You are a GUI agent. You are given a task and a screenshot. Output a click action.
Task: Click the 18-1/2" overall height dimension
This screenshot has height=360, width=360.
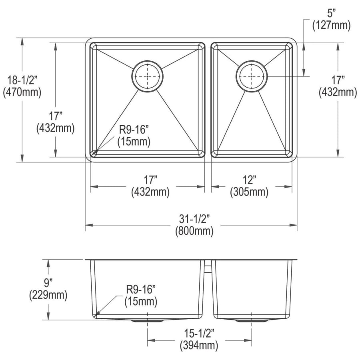pos(22,80)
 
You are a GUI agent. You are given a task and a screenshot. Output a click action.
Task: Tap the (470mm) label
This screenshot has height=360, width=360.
pos(22,92)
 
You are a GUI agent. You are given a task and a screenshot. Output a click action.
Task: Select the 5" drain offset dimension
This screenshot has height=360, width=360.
pos(331,14)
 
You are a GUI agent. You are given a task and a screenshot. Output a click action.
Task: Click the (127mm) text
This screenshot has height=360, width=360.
pos(331,25)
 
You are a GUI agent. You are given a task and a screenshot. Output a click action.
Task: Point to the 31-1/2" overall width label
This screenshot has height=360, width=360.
pos(194,219)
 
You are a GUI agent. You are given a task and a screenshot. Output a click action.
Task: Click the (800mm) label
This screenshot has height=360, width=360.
pos(194,231)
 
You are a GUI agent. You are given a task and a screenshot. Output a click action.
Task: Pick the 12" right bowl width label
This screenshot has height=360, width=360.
pos(250,180)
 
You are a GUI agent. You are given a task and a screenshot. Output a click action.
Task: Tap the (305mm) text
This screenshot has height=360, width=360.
pos(249,192)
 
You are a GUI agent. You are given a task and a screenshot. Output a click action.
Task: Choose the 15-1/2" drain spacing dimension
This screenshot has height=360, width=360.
pos(199,333)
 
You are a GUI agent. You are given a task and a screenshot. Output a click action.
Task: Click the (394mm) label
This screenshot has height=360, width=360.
pos(199,345)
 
